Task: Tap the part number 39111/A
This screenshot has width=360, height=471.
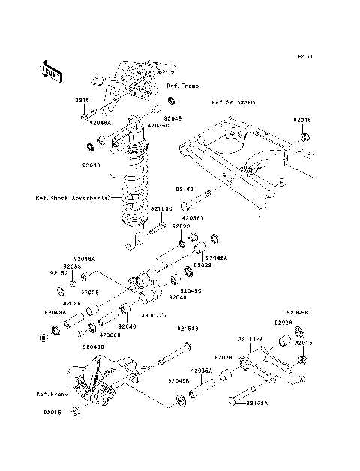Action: point(251,339)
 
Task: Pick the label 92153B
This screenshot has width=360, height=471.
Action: point(188,328)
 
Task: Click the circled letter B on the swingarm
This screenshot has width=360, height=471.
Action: point(280,182)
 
